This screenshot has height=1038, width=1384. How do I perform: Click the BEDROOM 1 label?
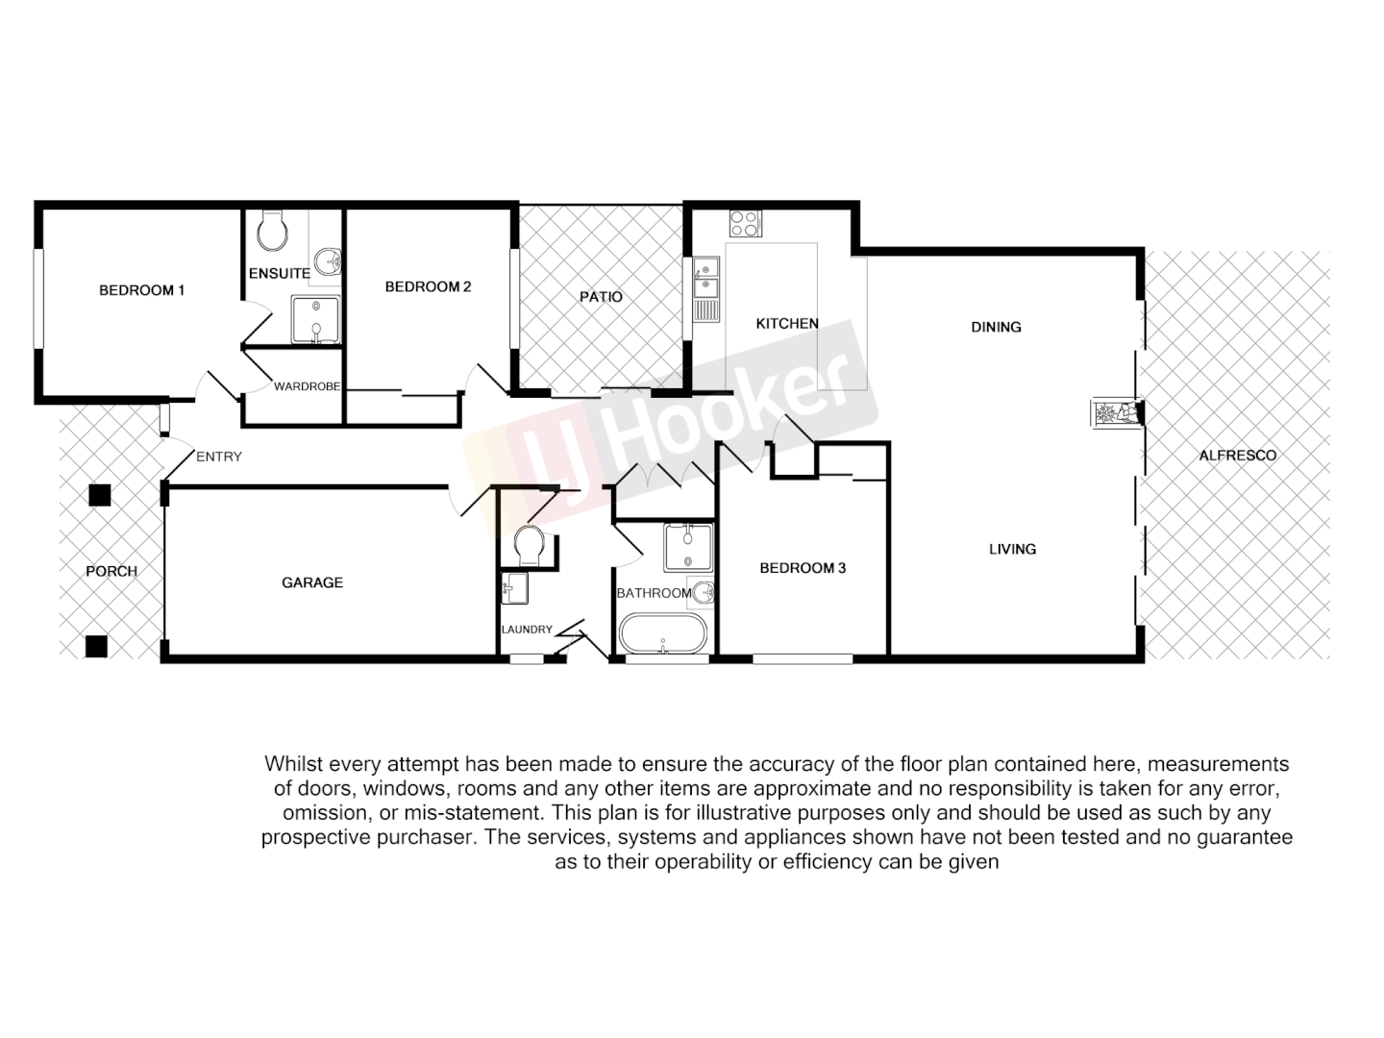[x=141, y=290]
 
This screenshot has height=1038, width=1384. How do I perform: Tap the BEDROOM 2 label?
[x=428, y=286]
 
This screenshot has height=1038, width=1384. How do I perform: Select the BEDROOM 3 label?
[x=803, y=568]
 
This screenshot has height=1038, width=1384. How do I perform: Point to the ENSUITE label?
[x=279, y=274]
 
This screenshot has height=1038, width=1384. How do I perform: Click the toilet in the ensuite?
[x=272, y=231]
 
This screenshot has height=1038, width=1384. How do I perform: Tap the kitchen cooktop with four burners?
[x=745, y=223]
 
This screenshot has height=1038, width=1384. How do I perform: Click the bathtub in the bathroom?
[x=663, y=635]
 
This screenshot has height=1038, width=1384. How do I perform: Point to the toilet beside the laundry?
[x=530, y=546]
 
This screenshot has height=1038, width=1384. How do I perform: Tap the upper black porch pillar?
[x=100, y=496]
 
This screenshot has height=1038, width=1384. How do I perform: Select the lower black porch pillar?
[x=96, y=646]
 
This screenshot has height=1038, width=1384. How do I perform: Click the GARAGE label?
[x=312, y=582]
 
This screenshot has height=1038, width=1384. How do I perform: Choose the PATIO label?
[x=601, y=297]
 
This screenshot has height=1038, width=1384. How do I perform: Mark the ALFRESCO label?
[x=1237, y=456]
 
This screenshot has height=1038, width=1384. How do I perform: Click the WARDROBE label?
[x=307, y=387]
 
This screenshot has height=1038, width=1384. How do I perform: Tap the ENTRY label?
[x=219, y=457]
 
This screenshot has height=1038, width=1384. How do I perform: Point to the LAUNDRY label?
[x=527, y=630]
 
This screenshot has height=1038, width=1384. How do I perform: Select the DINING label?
[x=996, y=327]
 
